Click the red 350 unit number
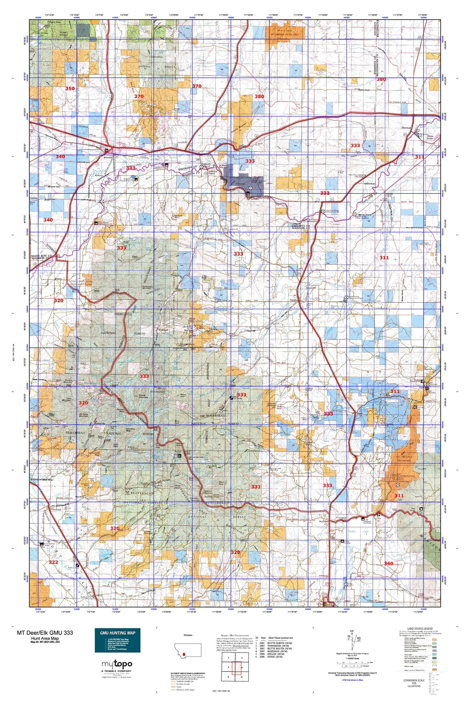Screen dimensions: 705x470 tap(70, 89)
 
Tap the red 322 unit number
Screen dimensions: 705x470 tap(53, 562)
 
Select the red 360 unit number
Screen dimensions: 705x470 tap(389, 563)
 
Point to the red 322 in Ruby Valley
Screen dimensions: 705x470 tap(53, 562)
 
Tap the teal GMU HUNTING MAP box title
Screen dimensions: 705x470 tap(118, 633)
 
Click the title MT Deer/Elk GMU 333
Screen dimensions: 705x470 tap(45, 633)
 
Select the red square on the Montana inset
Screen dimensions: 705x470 tap(184, 654)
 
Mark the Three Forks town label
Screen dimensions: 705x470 tap(430, 137)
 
